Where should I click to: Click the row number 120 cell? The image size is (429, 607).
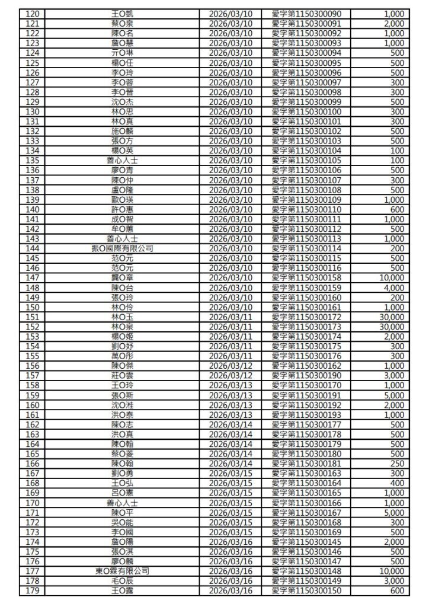33,14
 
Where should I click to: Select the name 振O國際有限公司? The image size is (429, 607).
122,248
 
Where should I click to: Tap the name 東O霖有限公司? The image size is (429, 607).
122,571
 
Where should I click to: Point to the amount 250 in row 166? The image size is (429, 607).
398,464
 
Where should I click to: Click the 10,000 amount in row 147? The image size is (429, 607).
392,278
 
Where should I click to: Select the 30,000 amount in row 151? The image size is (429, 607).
392,317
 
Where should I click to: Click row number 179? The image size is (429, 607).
33,591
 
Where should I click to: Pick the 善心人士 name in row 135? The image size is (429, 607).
122,161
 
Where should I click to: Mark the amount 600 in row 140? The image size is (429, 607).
398,209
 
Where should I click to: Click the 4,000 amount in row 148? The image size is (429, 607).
394,287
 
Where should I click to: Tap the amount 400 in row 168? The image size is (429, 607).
398,483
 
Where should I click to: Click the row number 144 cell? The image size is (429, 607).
33,248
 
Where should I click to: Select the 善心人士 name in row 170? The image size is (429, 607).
122,503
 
